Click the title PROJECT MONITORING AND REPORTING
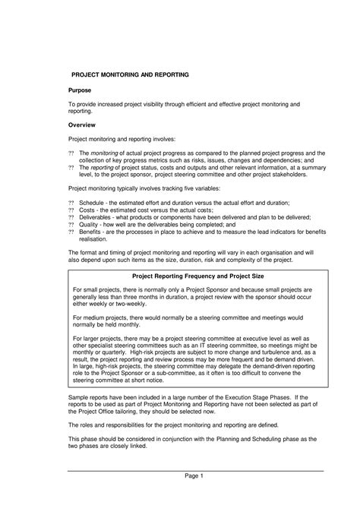pyautogui.click(x=130, y=75)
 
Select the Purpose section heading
pyautogui.click(x=82, y=90)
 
